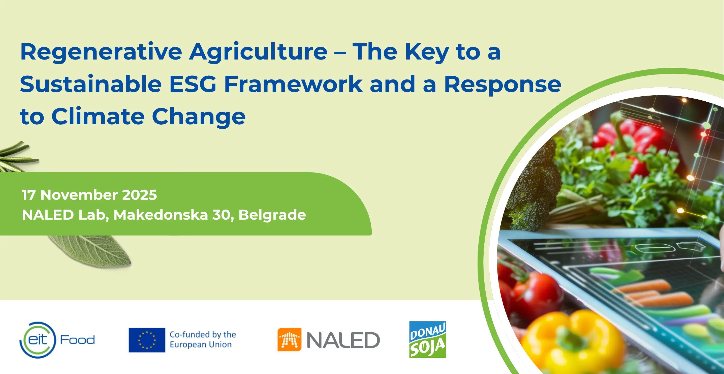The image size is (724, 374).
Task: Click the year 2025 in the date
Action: click(x=139, y=195)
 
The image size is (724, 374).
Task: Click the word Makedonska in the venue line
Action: click(x=161, y=215)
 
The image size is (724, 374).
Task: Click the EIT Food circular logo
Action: click(x=38, y=340)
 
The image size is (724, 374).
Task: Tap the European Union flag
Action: click(x=147, y=340)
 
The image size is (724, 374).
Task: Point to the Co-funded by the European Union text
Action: click(x=203, y=340)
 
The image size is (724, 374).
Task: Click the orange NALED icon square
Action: click(x=289, y=340)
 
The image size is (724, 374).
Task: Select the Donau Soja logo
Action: click(x=427, y=340)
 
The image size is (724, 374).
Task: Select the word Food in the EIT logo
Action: click(x=78, y=340)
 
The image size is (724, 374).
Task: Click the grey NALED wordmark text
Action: click(x=343, y=340)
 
